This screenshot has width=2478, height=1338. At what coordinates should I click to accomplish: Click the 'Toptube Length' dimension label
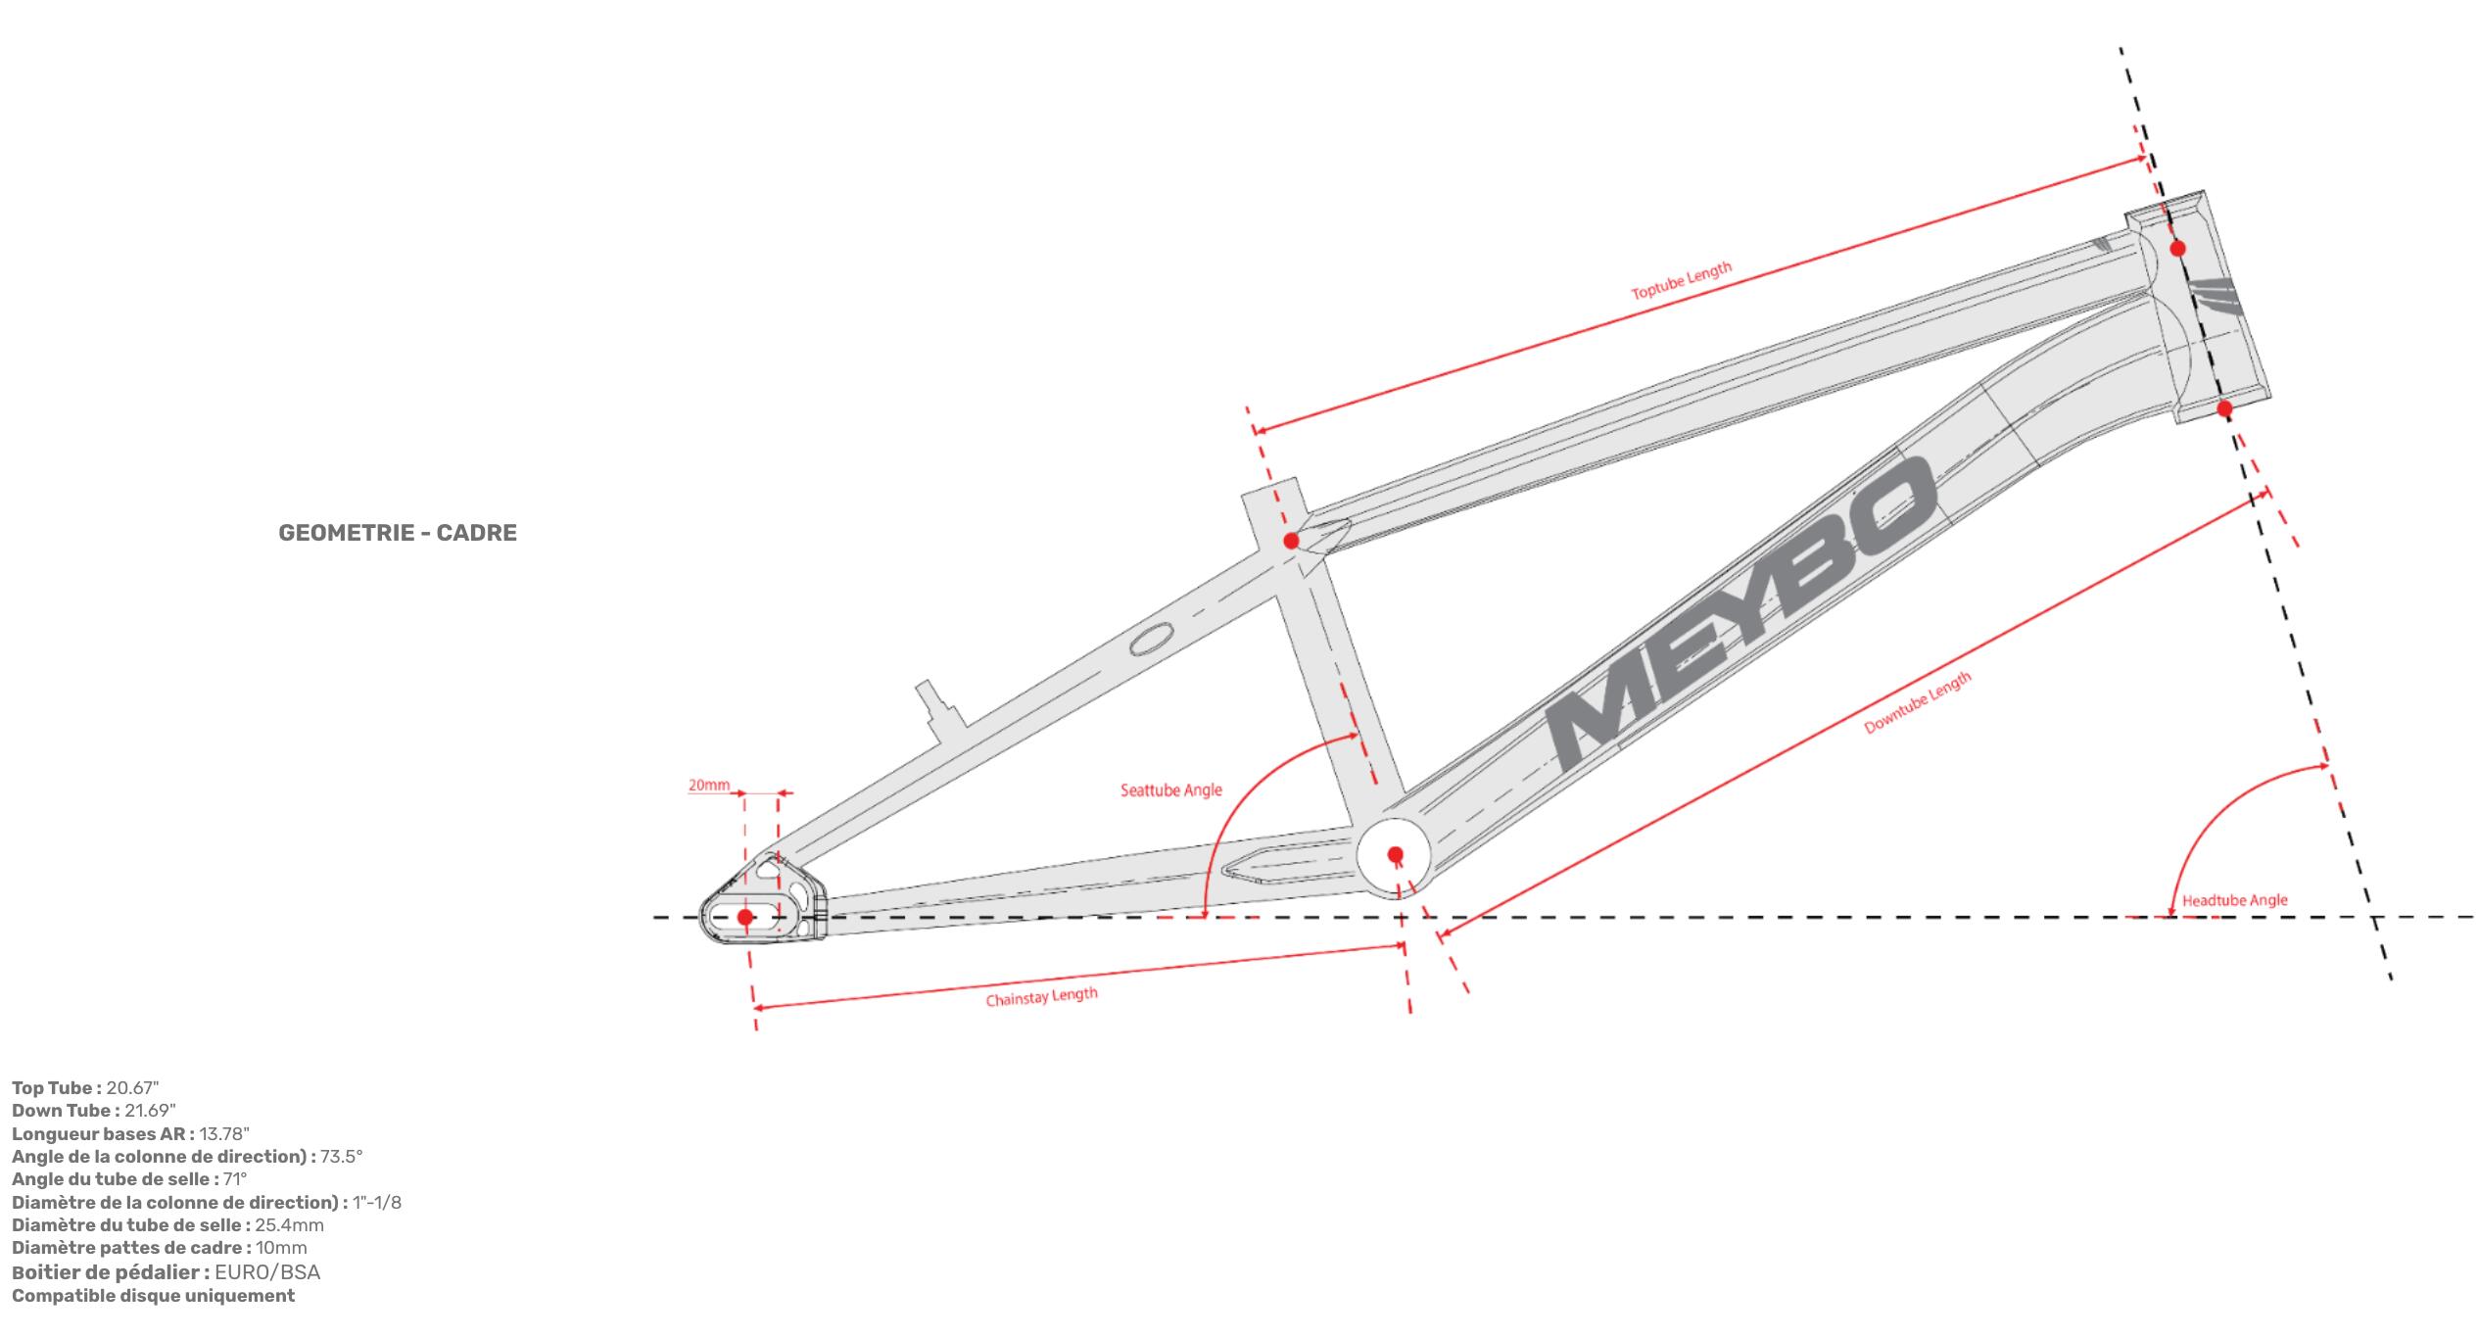(1681, 281)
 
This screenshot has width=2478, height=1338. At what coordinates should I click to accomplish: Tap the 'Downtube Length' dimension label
(1917, 703)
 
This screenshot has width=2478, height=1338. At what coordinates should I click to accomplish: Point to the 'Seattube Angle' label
(1171, 789)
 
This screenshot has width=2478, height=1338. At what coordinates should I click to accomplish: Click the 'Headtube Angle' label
(2235, 900)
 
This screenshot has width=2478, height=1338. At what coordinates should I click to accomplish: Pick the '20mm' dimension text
(708, 785)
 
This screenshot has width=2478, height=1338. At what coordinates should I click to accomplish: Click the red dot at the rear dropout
(745, 917)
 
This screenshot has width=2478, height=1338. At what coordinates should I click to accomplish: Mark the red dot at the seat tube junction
(1291, 541)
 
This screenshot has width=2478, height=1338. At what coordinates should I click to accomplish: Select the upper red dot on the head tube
(2177, 249)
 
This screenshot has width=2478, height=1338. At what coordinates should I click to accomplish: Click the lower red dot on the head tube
(2224, 407)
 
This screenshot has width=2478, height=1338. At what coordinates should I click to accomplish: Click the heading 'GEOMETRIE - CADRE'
(398, 533)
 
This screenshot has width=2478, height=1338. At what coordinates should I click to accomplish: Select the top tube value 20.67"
(132, 1088)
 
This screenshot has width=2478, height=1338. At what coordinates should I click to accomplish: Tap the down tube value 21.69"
(150, 1111)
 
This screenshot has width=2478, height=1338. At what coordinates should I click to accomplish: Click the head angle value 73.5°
(342, 1156)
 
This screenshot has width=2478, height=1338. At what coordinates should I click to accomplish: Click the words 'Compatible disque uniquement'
(153, 1296)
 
